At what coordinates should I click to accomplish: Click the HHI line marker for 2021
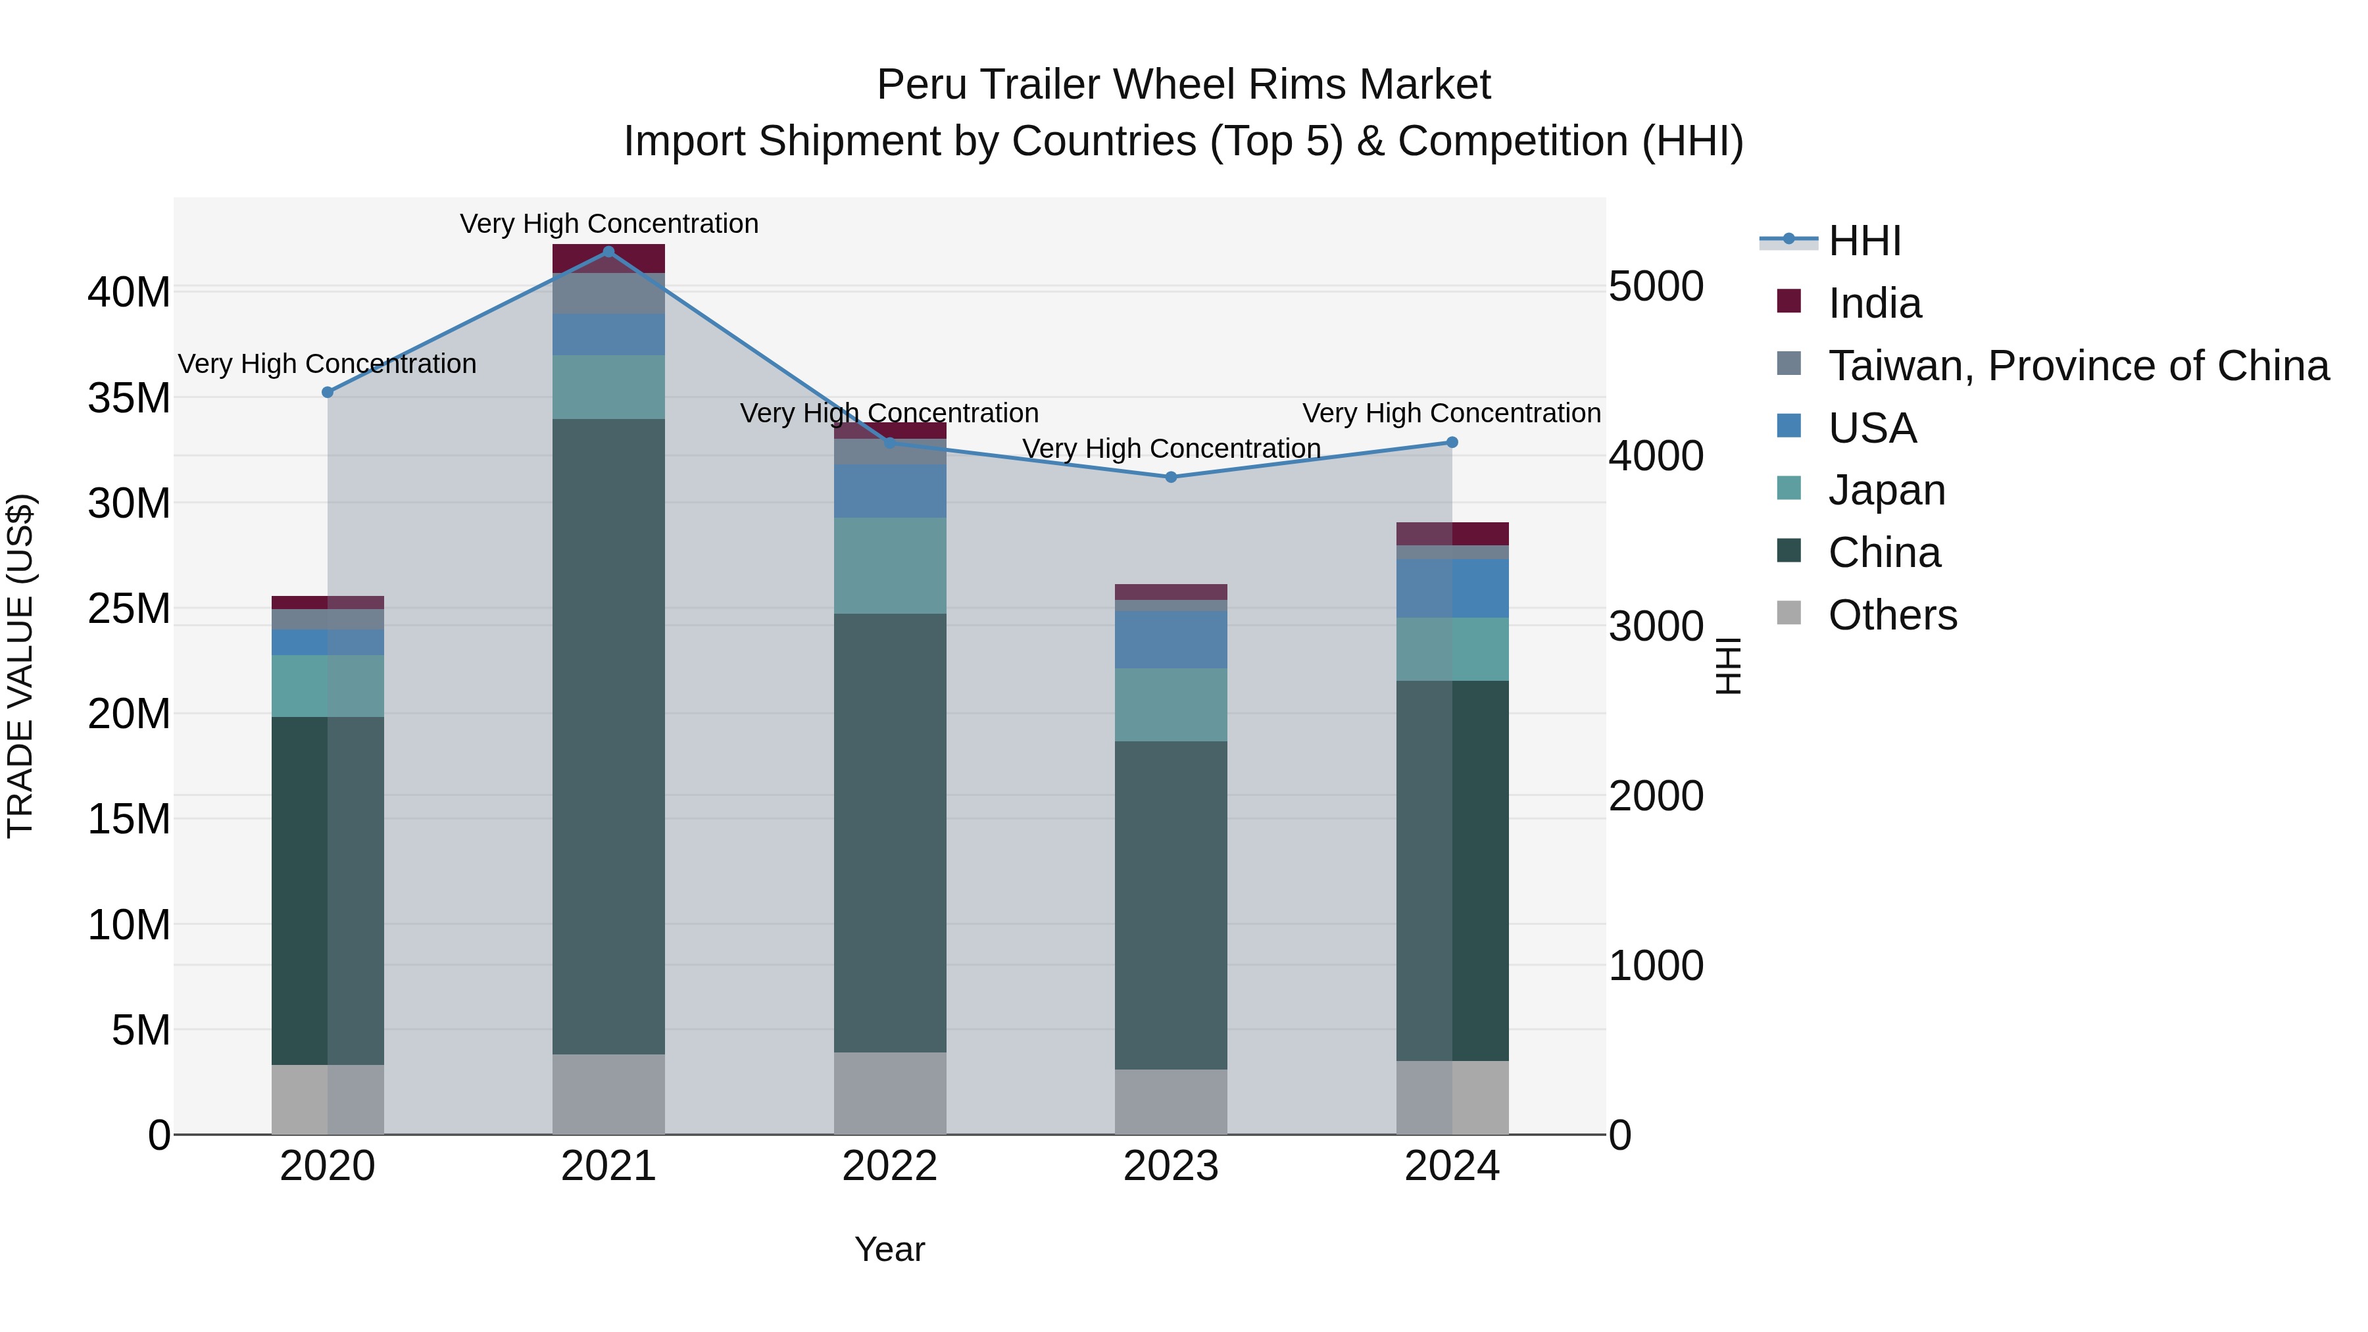(x=608, y=252)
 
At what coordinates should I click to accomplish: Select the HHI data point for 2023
(x=1170, y=477)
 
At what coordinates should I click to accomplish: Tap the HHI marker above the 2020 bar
(x=328, y=393)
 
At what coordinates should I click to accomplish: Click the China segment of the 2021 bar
(x=608, y=735)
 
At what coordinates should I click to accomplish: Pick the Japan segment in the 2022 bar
(x=890, y=565)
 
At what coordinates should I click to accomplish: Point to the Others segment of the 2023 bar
(x=1170, y=1101)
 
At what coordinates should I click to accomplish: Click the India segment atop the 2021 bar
(x=608, y=259)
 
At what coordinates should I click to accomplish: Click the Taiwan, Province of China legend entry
(x=2077, y=366)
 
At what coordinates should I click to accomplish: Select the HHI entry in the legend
(x=1863, y=241)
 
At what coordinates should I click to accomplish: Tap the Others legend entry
(x=1892, y=615)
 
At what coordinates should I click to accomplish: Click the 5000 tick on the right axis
(x=1656, y=286)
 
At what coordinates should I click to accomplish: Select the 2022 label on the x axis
(x=890, y=1166)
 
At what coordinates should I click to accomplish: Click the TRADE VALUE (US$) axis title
(x=20, y=666)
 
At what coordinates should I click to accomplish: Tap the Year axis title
(x=890, y=1249)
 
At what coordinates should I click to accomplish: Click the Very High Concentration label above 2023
(x=1171, y=449)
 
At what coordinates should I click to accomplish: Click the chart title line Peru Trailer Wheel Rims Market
(x=1183, y=85)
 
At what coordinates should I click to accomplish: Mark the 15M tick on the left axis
(x=129, y=819)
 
